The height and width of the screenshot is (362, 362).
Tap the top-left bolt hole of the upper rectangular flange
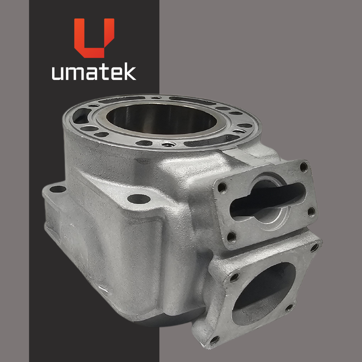pyautogui.click(x=222, y=188)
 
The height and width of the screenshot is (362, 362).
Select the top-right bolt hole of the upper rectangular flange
pyautogui.click(x=304, y=167)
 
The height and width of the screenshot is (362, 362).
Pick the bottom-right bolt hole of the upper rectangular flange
pyautogui.click(x=311, y=212)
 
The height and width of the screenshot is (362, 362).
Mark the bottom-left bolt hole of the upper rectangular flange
pyautogui.click(x=231, y=237)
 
